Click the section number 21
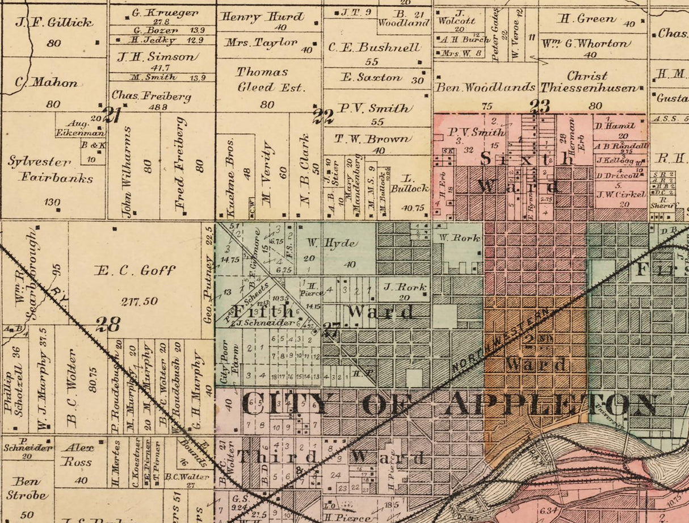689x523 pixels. pyautogui.click(x=112, y=116)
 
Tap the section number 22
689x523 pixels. pyautogui.click(x=324, y=116)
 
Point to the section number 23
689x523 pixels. pyautogui.click(x=540, y=106)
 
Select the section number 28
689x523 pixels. pyautogui.click(x=108, y=324)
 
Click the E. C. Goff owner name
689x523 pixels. pyautogui.click(x=135, y=270)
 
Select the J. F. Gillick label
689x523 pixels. pyautogui.click(x=54, y=23)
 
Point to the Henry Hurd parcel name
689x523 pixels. pyautogui.click(x=262, y=16)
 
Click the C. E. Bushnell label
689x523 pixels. pyautogui.click(x=375, y=48)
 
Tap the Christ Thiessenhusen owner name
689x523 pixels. pyautogui.click(x=587, y=82)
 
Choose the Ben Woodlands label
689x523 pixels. pyautogui.click(x=485, y=87)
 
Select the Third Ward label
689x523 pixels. pyautogui.click(x=331, y=457)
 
